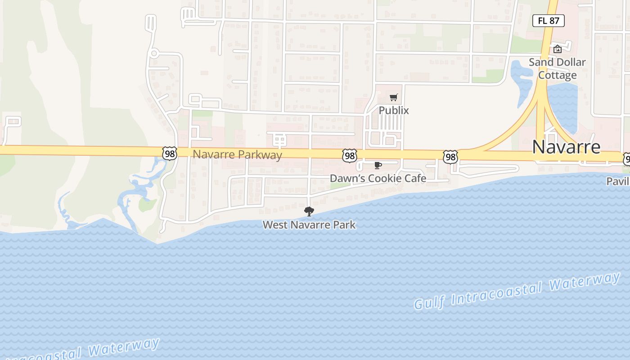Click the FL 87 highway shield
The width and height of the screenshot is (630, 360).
point(548,20)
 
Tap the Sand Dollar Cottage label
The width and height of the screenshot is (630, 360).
point(557,68)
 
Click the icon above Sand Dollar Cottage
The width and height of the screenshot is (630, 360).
point(558,49)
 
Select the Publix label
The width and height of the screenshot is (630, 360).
point(393,110)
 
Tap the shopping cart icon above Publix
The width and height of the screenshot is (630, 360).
point(394,97)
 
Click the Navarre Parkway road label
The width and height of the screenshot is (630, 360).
point(237,155)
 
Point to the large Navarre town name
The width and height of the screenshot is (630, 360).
point(566,147)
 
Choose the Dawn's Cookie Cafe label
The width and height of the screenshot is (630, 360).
point(378,178)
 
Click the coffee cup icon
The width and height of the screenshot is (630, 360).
point(378,166)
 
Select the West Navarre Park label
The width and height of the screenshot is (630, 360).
point(309,225)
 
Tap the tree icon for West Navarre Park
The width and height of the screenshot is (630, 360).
point(309,211)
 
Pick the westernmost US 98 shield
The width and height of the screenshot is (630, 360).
point(170,153)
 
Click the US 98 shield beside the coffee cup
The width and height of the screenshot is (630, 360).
point(349,156)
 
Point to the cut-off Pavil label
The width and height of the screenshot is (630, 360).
point(618,181)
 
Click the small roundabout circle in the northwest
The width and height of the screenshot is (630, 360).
point(154,54)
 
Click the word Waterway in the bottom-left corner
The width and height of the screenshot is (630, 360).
point(124,347)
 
